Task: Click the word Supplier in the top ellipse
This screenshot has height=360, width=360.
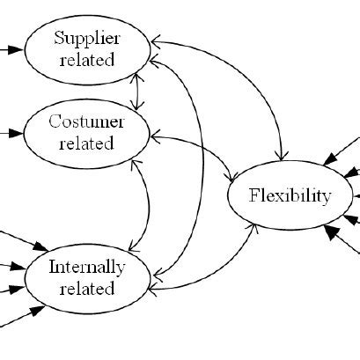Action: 86,38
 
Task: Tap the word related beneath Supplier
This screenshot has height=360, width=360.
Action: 86,60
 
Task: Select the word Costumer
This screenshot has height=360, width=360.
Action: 86,121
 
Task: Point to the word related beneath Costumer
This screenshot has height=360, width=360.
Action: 86,143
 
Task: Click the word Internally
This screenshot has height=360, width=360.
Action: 86,267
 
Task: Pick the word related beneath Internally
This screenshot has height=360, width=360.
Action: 86,288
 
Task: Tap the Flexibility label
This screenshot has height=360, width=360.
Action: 290,195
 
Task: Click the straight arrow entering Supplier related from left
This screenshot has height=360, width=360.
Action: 11,50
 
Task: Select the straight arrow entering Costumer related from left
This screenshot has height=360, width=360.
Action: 11,133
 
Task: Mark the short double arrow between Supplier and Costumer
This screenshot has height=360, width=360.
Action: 136,91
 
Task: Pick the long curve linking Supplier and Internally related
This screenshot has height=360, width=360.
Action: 195,167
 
